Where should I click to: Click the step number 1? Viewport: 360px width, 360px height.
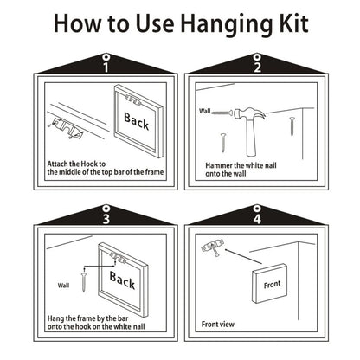coord(106,67)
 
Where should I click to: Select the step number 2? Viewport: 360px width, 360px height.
coord(257,67)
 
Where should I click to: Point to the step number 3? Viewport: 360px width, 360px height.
coord(106,219)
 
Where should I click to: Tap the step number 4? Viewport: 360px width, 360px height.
coord(257,219)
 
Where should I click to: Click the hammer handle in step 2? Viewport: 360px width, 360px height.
coord(252,138)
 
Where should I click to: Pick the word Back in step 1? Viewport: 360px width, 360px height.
coord(136,121)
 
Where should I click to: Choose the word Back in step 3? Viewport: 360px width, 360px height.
coord(122,280)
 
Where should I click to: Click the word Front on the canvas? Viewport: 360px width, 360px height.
coord(272,285)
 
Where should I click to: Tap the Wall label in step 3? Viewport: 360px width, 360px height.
coord(63,286)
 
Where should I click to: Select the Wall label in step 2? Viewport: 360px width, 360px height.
coord(205,111)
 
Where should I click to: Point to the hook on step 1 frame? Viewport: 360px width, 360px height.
coord(133,100)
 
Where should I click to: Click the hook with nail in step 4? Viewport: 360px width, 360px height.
coord(214,248)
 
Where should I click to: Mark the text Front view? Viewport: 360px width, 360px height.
coord(218,324)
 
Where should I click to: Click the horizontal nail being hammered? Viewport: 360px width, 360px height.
coord(222,112)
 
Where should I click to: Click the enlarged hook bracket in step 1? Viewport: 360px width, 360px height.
coord(67,128)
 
